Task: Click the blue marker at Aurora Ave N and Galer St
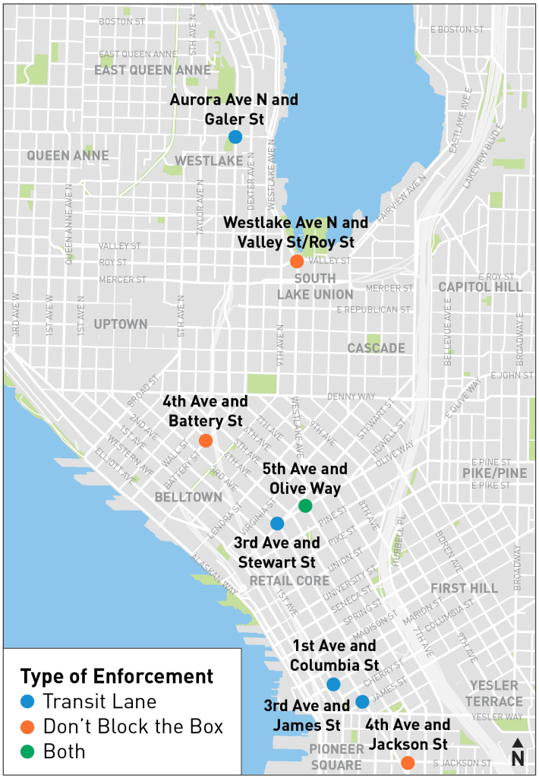[235, 137]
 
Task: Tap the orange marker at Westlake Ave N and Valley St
[297, 261]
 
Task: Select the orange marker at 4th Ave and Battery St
[205, 441]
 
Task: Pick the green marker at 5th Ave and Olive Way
[305, 506]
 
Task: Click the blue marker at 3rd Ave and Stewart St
[277, 523]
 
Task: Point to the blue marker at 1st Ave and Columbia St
[333, 685]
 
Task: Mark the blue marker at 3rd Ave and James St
[362, 701]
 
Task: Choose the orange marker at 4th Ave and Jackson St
[408, 762]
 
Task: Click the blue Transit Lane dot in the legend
[28, 701]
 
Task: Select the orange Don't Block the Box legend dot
[28, 727]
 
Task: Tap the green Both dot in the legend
[28, 752]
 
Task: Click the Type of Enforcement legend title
[116, 676]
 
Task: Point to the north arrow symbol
[518, 752]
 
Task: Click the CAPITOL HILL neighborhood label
[481, 287]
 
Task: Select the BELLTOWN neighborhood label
[188, 497]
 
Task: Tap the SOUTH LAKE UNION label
[315, 286]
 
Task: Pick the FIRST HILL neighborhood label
[464, 588]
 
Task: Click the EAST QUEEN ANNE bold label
[152, 71]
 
